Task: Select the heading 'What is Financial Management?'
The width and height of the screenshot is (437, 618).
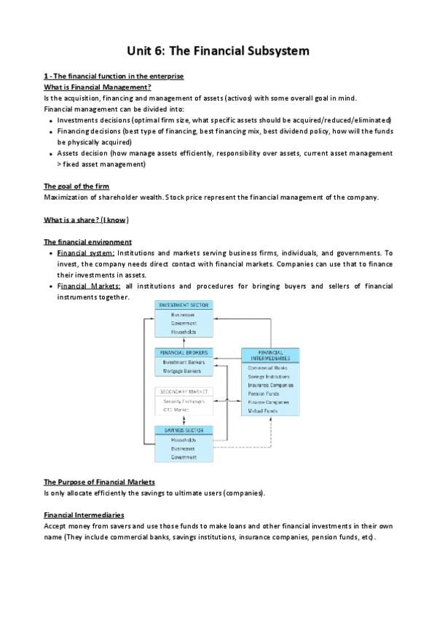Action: coord(97,87)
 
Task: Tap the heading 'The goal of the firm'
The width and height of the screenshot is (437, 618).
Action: coord(76,186)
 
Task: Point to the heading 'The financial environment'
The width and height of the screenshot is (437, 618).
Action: coord(87,241)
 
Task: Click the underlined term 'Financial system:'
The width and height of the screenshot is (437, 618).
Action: coord(86,252)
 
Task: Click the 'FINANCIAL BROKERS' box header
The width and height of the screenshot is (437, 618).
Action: coord(183,353)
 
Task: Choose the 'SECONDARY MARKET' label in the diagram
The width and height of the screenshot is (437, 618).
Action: coord(183,391)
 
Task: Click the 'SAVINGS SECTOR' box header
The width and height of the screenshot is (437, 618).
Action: coord(183,430)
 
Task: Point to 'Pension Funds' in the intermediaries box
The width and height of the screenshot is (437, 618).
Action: coord(264,394)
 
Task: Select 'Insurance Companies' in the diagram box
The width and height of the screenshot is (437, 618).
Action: coord(270,385)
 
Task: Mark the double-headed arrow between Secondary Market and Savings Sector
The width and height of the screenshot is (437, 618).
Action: coord(183,421)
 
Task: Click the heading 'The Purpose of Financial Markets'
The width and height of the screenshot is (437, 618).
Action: coord(99,482)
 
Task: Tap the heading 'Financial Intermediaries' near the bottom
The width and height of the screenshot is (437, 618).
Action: coord(84,515)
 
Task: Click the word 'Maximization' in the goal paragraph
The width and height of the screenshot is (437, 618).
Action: coord(65,197)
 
